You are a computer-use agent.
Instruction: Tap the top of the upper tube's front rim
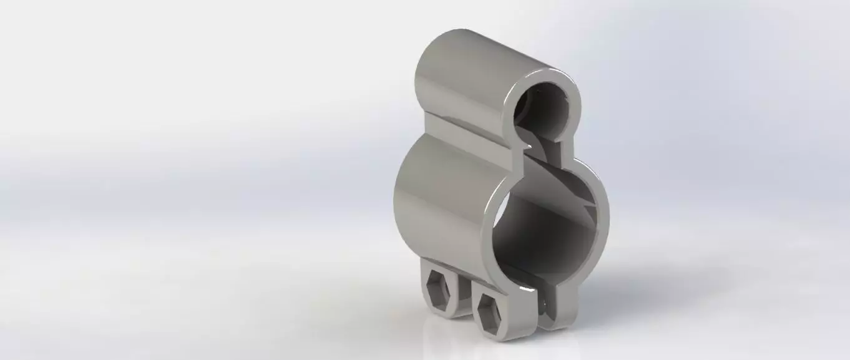[x=543, y=74]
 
